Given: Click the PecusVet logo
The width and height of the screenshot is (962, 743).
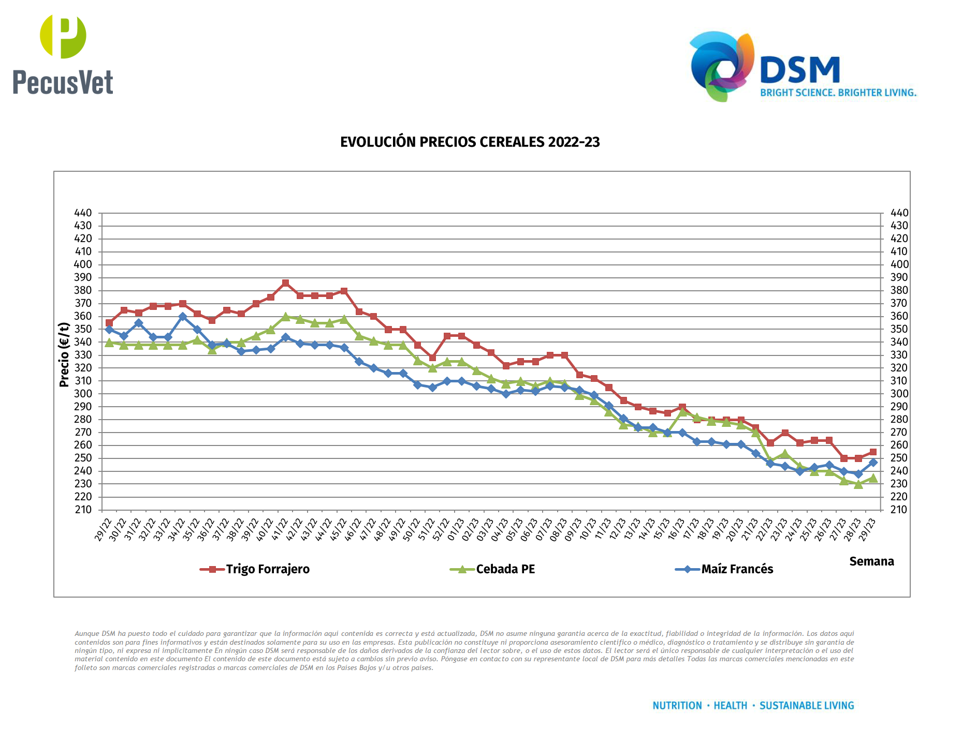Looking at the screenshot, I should [63, 55].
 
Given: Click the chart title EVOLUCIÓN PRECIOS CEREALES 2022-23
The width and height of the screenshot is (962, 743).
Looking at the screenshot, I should [470, 142].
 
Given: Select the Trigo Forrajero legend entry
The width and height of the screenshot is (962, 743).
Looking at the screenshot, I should [267, 569].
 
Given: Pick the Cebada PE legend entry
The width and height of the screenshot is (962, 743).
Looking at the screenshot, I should [505, 569].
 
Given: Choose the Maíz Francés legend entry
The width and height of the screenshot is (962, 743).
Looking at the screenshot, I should [737, 569].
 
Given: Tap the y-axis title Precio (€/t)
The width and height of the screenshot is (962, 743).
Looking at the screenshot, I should [64, 355].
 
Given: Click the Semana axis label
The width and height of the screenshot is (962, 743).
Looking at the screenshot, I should [871, 561].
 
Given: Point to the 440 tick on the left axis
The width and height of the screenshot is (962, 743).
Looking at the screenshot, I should [83, 213].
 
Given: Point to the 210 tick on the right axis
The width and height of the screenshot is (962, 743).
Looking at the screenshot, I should [899, 510].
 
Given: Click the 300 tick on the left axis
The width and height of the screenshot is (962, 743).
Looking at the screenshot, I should [83, 394].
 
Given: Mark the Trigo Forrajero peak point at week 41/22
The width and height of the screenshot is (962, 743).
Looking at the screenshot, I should [285, 283].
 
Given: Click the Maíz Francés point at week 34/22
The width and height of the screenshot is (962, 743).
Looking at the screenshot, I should [182, 317].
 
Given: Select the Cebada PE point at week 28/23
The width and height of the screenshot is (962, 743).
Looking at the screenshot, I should [858, 484].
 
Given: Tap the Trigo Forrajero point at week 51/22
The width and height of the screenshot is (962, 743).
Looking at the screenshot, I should [432, 358].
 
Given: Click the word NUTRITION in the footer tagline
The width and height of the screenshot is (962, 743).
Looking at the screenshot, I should [677, 706].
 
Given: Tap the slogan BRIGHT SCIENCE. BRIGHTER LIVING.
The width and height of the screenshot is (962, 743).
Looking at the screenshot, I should [838, 93].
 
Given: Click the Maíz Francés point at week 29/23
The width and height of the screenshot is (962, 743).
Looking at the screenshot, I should [873, 463].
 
